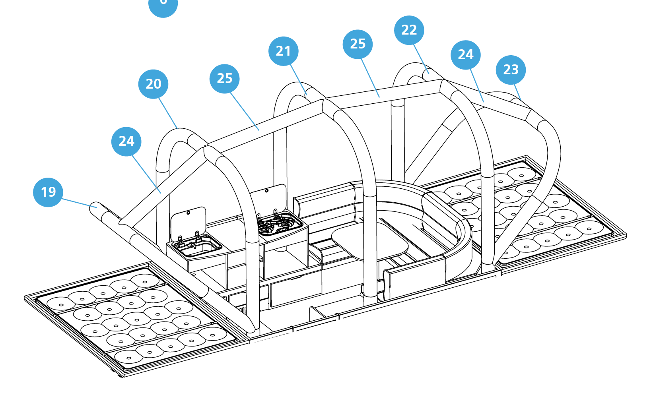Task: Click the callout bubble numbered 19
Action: click(x=48, y=192)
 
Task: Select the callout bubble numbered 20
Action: click(x=153, y=84)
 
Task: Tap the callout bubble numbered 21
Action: click(x=283, y=51)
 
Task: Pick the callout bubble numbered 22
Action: click(x=409, y=30)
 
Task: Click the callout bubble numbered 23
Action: click(x=511, y=70)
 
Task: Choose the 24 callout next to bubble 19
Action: click(x=126, y=141)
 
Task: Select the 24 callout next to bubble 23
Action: click(x=465, y=55)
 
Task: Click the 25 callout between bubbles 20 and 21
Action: click(x=224, y=79)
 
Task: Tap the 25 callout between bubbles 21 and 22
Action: click(x=358, y=44)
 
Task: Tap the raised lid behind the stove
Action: click(x=269, y=200)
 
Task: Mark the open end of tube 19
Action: click(x=94, y=206)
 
